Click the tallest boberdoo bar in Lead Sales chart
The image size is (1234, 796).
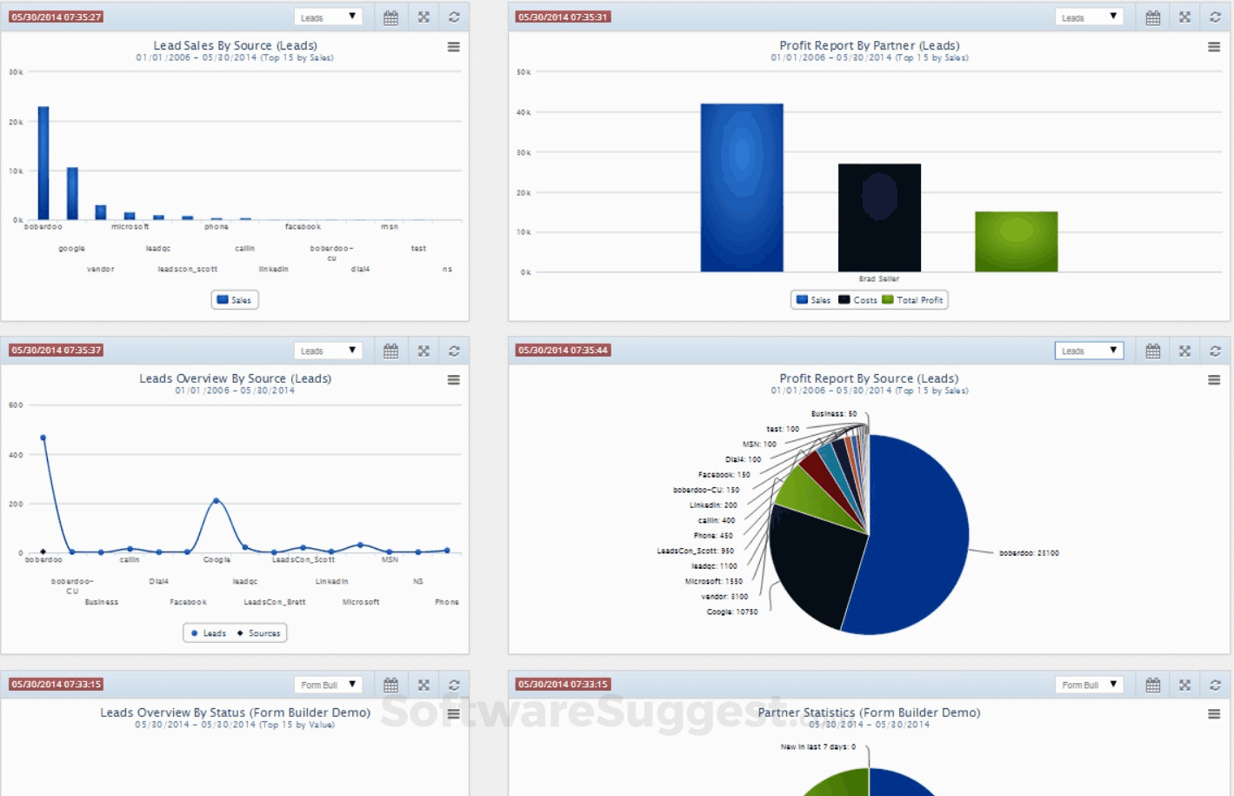coord(43,163)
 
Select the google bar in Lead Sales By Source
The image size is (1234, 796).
coord(72,193)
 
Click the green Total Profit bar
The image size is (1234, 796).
coord(1016,241)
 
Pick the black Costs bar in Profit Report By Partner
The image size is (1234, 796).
coord(879,217)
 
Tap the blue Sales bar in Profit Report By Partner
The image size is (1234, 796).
coord(742,188)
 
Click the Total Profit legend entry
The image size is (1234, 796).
coord(913,300)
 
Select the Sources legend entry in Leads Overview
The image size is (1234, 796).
coord(260,633)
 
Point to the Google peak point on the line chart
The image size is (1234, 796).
coord(217,500)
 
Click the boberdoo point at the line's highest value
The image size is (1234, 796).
coord(43,438)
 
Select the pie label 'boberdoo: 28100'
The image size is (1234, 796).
coord(1029,553)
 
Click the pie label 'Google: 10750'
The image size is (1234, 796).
coord(731,612)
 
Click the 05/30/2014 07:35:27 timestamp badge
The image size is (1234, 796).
coord(57,17)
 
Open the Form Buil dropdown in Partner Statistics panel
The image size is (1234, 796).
coord(1089,685)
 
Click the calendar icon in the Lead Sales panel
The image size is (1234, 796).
coord(390,17)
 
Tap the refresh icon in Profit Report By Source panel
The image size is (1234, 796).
coord(1215,351)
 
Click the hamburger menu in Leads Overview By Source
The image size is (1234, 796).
coord(453,380)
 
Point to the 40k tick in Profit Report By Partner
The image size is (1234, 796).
coord(524,112)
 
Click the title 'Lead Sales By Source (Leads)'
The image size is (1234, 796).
coord(235,45)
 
